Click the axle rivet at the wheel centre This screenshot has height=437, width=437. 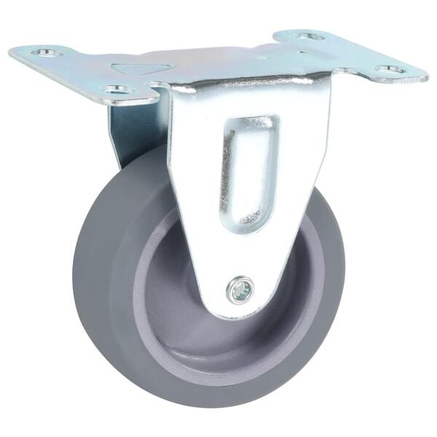[x=240, y=290]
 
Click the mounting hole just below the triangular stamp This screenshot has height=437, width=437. [x=117, y=90]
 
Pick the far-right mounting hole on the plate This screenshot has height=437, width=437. [x=390, y=70]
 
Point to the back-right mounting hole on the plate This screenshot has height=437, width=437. [x=310, y=35]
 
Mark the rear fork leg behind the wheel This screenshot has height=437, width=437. [x=131, y=135]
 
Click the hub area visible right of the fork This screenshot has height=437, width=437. [x=299, y=277]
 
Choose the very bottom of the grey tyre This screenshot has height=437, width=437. [x=219, y=403]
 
